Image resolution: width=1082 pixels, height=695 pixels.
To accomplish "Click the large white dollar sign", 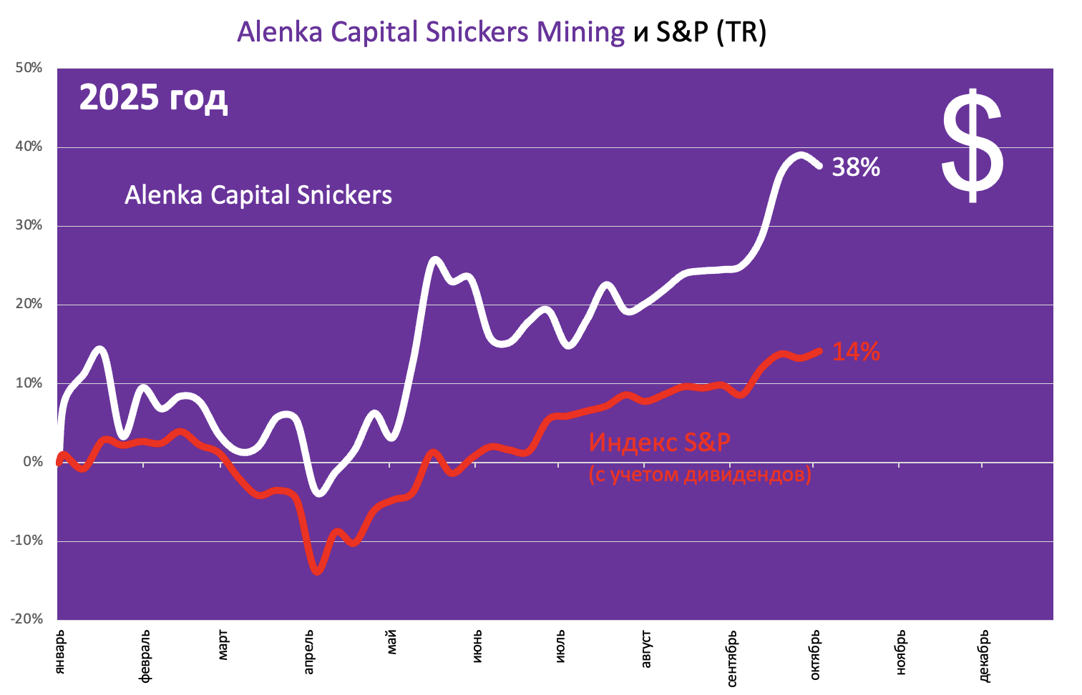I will coord(972,146).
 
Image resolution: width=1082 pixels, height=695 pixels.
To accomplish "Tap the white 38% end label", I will coord(855,167).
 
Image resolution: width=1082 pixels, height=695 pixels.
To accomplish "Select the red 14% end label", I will coord(855,352).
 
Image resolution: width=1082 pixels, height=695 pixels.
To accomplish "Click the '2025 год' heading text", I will coord(153,97).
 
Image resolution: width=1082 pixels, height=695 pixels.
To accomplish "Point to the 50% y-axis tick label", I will coord(29,68).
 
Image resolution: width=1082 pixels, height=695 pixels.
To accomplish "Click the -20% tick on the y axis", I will coord(26,619).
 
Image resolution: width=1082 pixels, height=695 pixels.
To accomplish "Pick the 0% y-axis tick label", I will coord(33,462).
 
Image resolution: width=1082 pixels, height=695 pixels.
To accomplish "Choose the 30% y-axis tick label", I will coord(29,225).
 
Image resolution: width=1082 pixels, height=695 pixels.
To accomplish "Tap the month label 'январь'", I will coord(60,651).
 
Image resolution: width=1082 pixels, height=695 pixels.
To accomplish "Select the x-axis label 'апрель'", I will coord(308,651).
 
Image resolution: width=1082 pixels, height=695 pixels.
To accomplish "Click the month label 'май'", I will coord(391,641).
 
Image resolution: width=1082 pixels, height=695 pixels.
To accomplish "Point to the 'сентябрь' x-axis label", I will coord(731,658).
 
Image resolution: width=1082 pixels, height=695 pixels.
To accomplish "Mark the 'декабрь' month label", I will coord(983,656).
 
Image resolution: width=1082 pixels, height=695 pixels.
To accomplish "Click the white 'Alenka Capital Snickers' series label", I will coord(258,195).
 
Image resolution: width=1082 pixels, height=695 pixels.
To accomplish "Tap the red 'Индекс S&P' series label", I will coord(659,442).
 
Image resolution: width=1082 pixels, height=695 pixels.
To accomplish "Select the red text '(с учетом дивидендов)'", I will coord(700,474).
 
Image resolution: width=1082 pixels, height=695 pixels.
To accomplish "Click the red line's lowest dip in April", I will coord(317,571).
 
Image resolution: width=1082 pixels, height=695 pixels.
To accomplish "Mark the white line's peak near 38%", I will coord(801,154).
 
